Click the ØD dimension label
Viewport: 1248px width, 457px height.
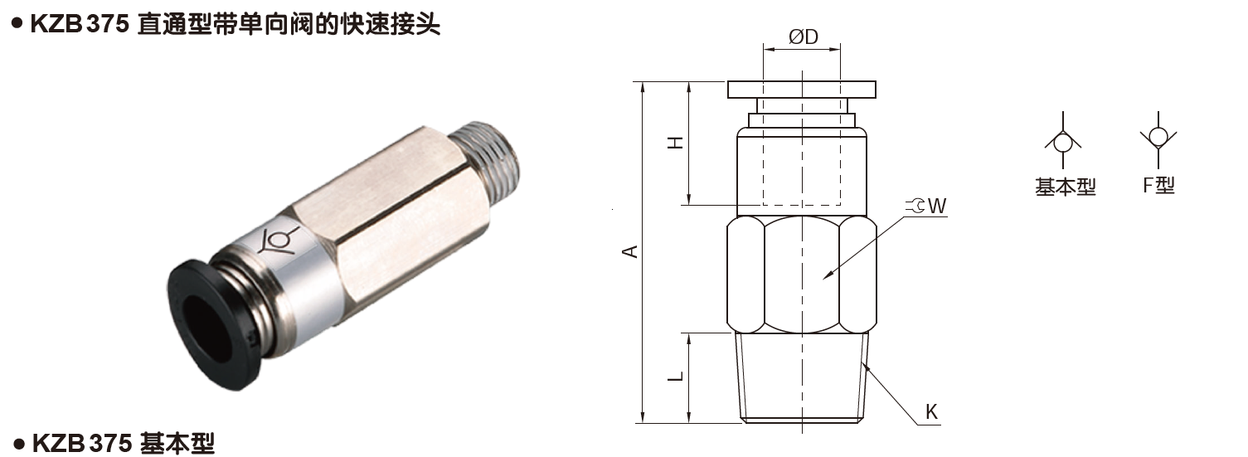[x=804, y=37]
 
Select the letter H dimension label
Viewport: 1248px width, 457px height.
[x=677, y=142]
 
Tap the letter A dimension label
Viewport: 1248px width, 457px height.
[x=631, y=250]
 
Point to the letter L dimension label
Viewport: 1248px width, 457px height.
[x=677, y=376]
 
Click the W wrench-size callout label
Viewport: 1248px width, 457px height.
[x=936, y=206]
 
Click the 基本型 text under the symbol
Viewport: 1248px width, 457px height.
[x=1066, y=187]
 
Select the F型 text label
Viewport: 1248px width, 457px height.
[x=1158, y=185]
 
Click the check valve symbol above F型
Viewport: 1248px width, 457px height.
[x=1158, y=136]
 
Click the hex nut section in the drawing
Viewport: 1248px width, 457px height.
[x=802, y=274]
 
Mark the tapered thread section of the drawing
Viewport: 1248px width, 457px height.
[x=802, y=377]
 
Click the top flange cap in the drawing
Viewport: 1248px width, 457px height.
[x=802, y=89]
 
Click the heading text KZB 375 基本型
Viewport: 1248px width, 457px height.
[x=123, y=444]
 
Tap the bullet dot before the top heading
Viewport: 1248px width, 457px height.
[x=15, y=24]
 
